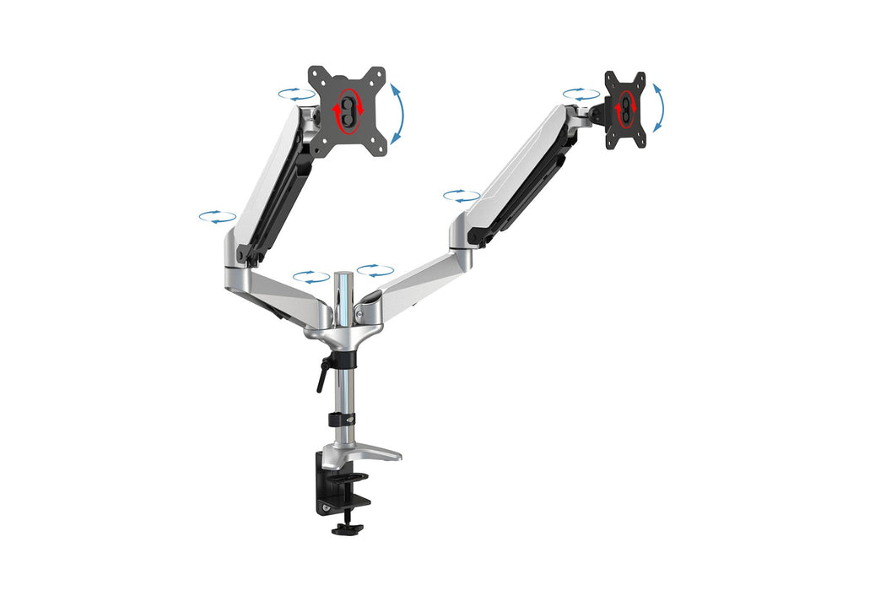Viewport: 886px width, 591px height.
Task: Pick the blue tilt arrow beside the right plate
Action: point(658,107)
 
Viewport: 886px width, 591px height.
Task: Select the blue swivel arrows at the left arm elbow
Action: point(217,217)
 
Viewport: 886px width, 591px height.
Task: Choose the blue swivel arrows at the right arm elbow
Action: point(462,196)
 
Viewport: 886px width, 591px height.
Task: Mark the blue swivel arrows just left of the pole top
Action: point(311,276)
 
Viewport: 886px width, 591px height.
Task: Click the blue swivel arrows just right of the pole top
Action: point(375,270)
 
